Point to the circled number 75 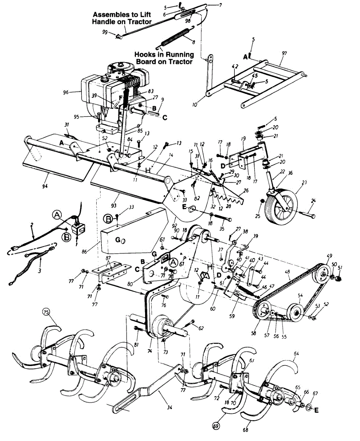[x=46, y=312]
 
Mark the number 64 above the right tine [x=296, y=354]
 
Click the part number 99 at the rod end [x=105, y=32]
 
